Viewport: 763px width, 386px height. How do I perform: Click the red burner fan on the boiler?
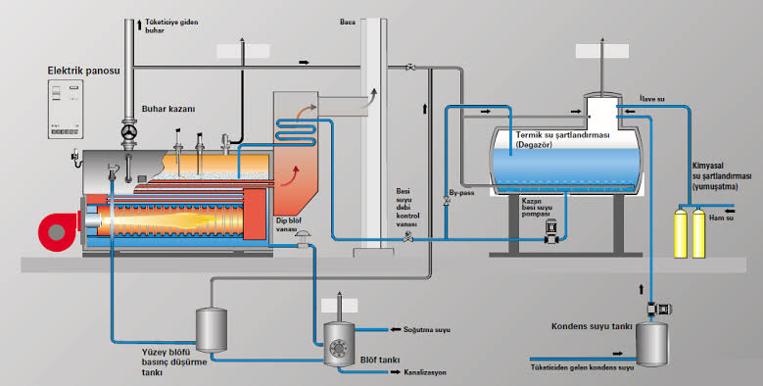58,231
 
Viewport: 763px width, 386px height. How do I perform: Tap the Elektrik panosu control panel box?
66,109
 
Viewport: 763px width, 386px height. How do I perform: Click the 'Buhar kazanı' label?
168,109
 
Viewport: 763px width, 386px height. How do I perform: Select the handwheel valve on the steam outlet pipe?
129,132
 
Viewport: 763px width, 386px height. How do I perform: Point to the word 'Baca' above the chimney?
348,22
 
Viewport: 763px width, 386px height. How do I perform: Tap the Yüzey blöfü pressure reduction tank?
212,329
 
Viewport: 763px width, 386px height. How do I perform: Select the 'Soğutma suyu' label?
427,330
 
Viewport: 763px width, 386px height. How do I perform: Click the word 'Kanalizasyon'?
425,372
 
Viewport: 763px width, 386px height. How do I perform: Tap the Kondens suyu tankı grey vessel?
652,344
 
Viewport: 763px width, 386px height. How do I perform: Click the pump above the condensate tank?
657,309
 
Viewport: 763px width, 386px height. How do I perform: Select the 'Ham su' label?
720,218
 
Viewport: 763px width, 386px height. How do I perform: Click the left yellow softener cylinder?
681,232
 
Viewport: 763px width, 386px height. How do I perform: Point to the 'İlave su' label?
652,99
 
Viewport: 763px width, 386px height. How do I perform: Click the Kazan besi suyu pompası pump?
551,231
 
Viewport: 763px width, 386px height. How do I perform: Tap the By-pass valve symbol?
447,201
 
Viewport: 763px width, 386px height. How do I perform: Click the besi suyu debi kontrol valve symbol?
408,237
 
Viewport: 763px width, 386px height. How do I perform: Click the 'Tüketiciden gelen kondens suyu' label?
582,368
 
